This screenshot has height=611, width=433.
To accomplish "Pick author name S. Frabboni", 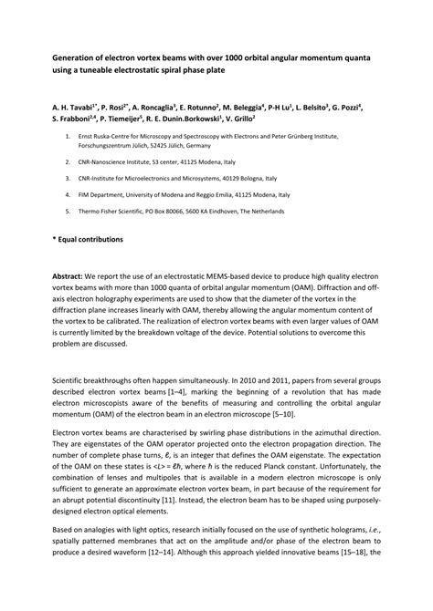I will coord(74,119).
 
